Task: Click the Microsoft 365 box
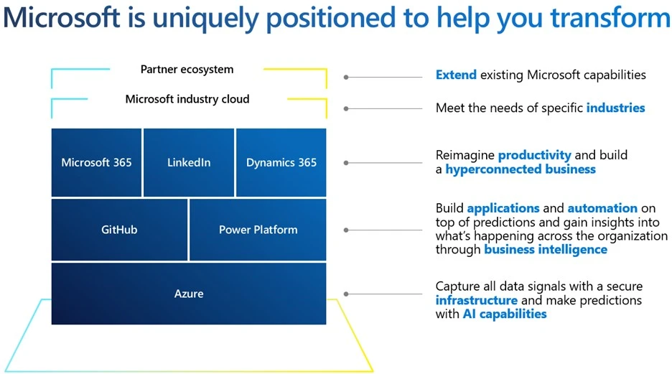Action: (97, 162)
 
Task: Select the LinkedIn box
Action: (189, 162)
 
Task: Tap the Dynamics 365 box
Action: (281, 162)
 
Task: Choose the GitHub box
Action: (119, 230)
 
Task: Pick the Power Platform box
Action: (258, 230)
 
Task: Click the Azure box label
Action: (189, 294)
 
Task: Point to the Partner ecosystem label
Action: (187, 70)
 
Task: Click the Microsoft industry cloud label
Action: (187, 99)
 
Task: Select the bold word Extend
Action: (456, 75)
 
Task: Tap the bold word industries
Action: (615, 108)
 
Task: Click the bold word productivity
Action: (534, 155)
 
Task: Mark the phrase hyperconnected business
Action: (520, 169)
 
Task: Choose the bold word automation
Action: (602, 208)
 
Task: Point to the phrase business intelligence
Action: (545, 250)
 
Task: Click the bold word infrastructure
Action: (476, 300)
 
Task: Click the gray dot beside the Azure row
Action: (346, 294)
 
